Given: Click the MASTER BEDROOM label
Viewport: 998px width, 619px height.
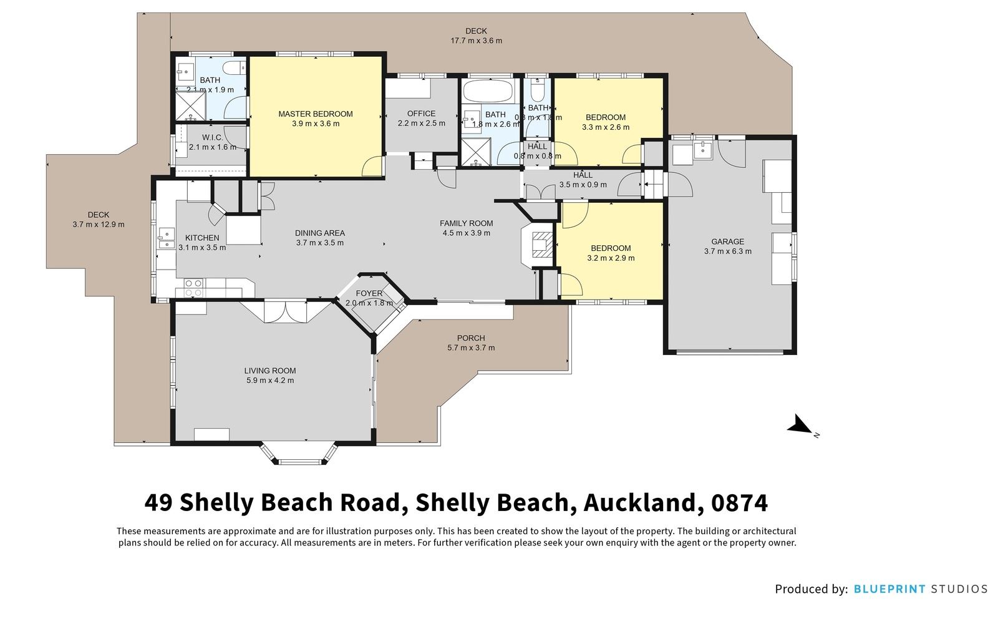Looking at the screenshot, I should point(315,114).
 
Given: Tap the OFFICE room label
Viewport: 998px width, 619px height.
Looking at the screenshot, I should point(421,114).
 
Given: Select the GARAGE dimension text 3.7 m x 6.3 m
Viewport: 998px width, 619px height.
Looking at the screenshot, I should point(727,251).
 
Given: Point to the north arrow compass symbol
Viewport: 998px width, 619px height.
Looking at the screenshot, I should point(798,426).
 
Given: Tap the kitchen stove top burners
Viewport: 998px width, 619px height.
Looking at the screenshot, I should point(193,288).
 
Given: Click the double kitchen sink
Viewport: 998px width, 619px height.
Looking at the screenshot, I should point(165,238).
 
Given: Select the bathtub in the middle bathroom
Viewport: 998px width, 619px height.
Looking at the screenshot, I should point(489,92).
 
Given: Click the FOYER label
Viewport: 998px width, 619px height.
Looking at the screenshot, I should point(369,293).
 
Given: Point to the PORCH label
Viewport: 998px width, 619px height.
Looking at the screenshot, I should point(470,338).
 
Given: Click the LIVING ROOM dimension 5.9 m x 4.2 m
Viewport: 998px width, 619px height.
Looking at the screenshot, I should point(269,380).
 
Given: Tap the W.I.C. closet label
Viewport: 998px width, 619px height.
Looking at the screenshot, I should point(212,137).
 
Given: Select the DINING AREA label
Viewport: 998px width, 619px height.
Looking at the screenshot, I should point(319,233).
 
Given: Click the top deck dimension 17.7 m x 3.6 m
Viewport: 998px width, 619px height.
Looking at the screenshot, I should point(476,41).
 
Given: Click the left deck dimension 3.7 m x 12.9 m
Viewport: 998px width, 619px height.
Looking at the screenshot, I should point(99,224).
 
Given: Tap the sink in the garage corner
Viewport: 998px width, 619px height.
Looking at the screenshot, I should point(703,150).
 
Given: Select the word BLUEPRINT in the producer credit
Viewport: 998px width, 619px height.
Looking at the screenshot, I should point(889,588).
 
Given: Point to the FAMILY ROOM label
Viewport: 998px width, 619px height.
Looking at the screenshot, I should point(466,223).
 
